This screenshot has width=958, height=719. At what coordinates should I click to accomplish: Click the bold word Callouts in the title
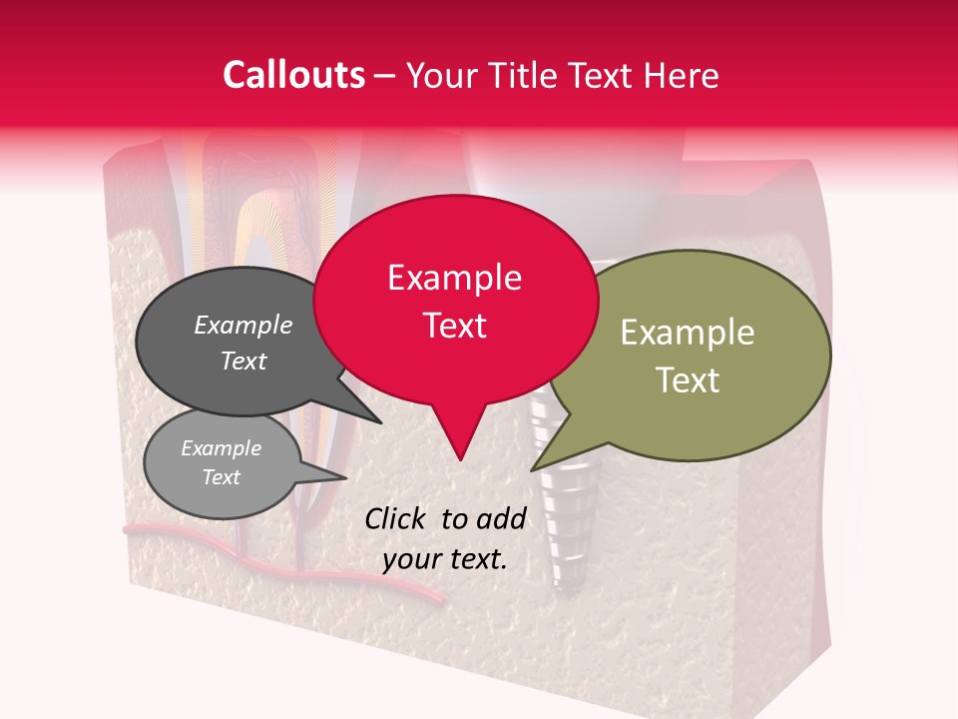(293, 75)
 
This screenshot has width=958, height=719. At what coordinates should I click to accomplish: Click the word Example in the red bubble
(454, 278)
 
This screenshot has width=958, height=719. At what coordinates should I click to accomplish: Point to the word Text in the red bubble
(454, 326)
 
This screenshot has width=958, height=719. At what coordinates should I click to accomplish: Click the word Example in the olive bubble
(688, 333)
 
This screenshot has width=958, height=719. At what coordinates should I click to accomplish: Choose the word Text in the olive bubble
(688, 380)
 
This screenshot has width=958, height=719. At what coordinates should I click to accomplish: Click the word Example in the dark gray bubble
(243, 325)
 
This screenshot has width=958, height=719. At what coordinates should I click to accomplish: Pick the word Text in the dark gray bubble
(243, 360)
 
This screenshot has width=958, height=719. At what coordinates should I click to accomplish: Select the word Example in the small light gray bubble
(222, 448)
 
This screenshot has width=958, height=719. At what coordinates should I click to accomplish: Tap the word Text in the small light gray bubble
(222, 477)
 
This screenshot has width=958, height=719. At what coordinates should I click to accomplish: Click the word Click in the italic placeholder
(397, 518)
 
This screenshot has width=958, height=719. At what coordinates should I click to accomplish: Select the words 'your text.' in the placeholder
(445, 559)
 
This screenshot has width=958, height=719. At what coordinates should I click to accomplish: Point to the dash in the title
(385, 75)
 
